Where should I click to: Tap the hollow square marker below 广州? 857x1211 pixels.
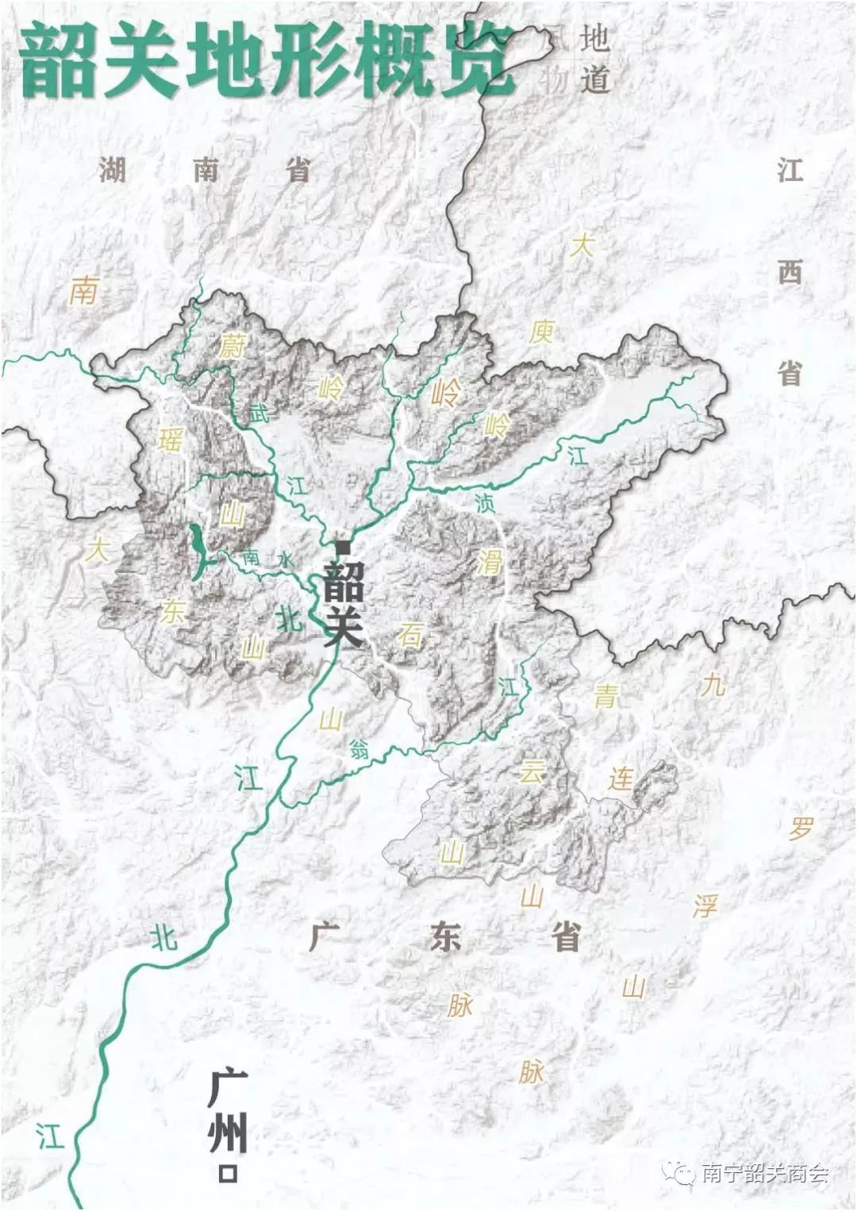pos(229,1173)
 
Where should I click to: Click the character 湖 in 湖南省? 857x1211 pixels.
pos(113,170)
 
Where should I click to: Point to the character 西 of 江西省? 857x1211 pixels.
pos(790,272)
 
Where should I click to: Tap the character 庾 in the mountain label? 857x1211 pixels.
pos(541,331)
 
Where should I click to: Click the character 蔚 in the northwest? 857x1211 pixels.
pos(233,346)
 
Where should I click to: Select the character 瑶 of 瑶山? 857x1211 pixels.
pos(170,439)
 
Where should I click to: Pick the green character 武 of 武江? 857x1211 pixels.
pos(259,413)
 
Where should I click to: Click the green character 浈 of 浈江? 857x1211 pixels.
pos(483,502)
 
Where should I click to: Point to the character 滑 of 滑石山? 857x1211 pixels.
pos(490,563)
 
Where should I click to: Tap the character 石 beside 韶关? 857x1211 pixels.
pos(410,635)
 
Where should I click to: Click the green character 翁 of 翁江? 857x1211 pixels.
pos(359,748)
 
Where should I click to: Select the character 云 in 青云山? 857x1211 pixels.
pos(532,770)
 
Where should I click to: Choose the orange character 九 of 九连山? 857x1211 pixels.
pos(713,684)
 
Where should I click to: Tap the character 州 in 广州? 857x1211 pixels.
pos(228,1131)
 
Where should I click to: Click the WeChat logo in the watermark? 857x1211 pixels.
pos(681,1171)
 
